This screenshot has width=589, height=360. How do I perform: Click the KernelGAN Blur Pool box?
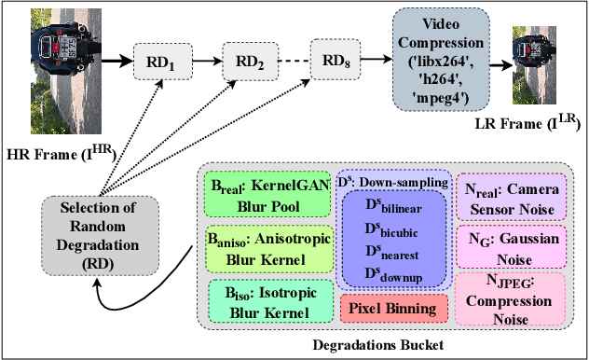[x=265, y=194]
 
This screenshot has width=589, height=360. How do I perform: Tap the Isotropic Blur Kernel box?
[x=266, y=299]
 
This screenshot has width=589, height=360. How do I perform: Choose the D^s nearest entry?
[x=392, y=249]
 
